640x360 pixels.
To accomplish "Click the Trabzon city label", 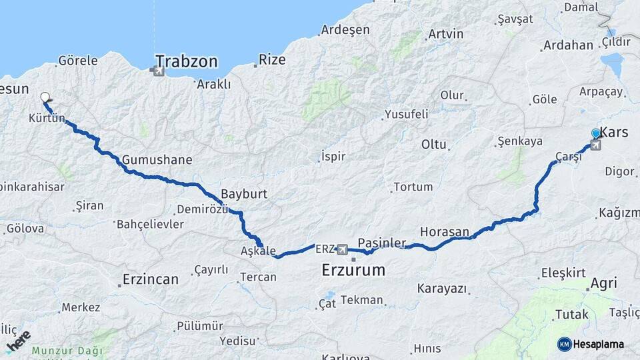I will tap(188, 62).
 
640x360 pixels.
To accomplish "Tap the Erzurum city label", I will tap(353, 270).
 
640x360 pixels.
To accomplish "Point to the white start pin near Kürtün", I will tap(45, 98).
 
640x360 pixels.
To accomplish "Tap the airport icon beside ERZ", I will tap(343, 249).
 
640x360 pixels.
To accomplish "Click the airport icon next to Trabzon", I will tap(159, 70).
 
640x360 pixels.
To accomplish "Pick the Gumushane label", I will tap(157, 160).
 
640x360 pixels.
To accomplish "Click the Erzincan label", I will tap(150, 279).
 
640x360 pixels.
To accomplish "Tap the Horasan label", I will tap(444, 231).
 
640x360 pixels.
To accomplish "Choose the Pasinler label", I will tap(382, 243).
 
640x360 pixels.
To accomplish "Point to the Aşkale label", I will tap(258, 251).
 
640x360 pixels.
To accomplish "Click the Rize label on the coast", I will tap(271, 60).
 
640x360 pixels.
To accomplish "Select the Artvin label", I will tap(445, 33).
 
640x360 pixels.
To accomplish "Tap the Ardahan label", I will tap(568, 45).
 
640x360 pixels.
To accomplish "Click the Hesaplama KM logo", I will tap(591, 344).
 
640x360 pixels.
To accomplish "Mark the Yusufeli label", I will tap(406, 114).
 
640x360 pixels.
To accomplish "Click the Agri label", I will tap(603, 283).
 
